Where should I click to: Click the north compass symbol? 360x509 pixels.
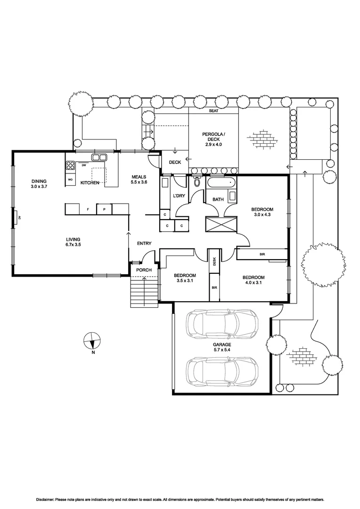[x=93, y=340]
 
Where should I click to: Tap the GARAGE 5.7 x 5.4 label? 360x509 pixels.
[x=221, y=347]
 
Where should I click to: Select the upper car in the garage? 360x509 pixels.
[x=222, y=324]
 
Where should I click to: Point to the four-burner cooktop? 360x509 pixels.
[x=71, y=165]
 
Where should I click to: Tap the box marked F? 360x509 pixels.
[x=88, y=208]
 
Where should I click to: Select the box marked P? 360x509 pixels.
[x=104, y=208]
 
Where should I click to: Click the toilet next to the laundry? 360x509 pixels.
[x=197, y=182]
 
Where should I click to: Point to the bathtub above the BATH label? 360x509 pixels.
[x=221, y=182]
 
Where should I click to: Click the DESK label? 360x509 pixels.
[x=214, y=261]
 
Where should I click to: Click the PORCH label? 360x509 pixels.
[x=144, y=270]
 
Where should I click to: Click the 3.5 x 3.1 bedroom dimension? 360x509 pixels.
[x=184, y=280]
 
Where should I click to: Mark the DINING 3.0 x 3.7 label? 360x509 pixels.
[x=39, y=184]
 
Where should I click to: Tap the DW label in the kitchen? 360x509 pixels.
[x=83, y=165]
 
